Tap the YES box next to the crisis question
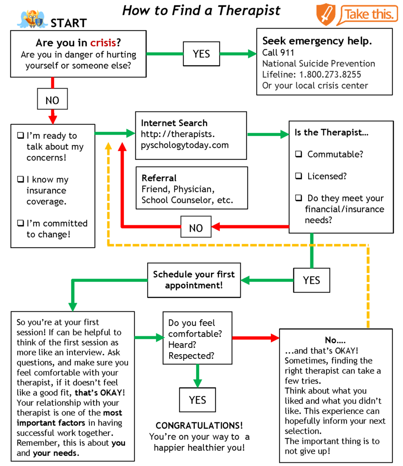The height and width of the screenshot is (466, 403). [201, 54]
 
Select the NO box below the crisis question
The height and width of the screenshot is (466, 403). [52, 100]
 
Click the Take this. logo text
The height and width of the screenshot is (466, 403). [370, 15]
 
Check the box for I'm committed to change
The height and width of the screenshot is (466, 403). [20, 223]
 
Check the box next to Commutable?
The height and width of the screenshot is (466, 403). [299, 154]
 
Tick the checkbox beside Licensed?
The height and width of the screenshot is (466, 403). [299, 176]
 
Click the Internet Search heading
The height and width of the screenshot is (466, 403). [174, 123]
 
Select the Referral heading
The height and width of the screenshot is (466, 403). [159, 178]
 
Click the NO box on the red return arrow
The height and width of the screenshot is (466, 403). [196, 228]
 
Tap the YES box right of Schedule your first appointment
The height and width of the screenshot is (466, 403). [312, 280]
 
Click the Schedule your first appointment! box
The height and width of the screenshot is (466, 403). [194, 280]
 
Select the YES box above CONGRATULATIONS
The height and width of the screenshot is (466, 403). [197, 400]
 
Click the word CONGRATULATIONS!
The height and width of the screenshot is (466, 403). [199, 425]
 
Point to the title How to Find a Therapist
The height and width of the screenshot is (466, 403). [201, 10]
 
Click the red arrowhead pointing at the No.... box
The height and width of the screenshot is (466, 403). [274, 338]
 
